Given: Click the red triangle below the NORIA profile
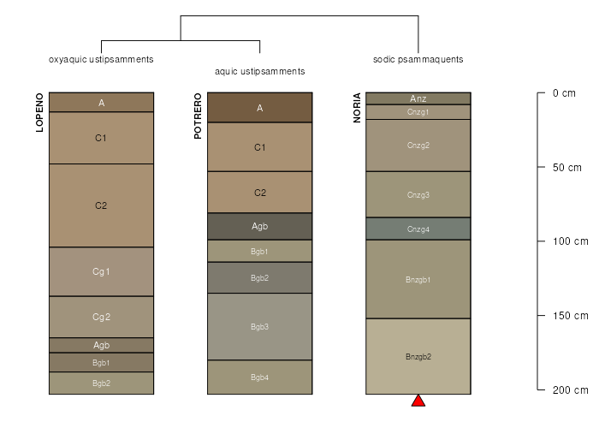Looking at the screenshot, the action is pos(418,401).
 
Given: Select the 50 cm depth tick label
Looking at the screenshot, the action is pos(566,168).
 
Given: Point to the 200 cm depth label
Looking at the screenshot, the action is pos(571,389).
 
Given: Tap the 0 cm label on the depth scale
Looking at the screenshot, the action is pos(564,93).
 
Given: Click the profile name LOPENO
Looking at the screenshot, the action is pos(39,112).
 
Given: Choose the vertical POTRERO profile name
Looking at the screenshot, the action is pos(198,116).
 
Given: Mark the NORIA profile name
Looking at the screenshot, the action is pos(357,108).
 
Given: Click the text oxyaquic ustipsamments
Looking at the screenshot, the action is pos(101,60).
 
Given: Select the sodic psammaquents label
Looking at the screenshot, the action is pos(418,60).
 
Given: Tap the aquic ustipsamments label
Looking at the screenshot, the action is pos(260,71).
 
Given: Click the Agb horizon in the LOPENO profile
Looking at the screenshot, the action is pos(101,345).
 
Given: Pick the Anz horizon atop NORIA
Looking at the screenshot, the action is pos(418,98).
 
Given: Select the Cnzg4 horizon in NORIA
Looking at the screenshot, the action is pos(418,229).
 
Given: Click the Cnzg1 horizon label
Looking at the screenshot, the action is pos(418,112).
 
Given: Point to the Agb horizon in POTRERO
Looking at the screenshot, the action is pos(260,226).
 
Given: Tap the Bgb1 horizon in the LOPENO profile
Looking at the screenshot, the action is pos(101,362).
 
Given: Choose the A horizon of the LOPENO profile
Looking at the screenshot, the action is pos(101,103).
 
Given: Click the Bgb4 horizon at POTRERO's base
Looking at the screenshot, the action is pos(260,377).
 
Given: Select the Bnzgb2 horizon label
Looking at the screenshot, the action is pos(418,357).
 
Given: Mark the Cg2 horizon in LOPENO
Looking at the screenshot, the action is pos(101,317).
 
